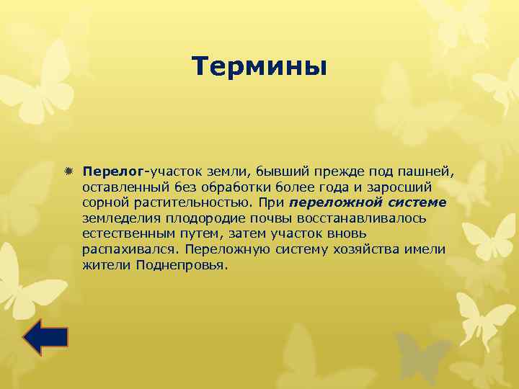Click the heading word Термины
point(259,67)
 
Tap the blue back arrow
point(45,336)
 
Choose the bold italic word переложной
point(330,203)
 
